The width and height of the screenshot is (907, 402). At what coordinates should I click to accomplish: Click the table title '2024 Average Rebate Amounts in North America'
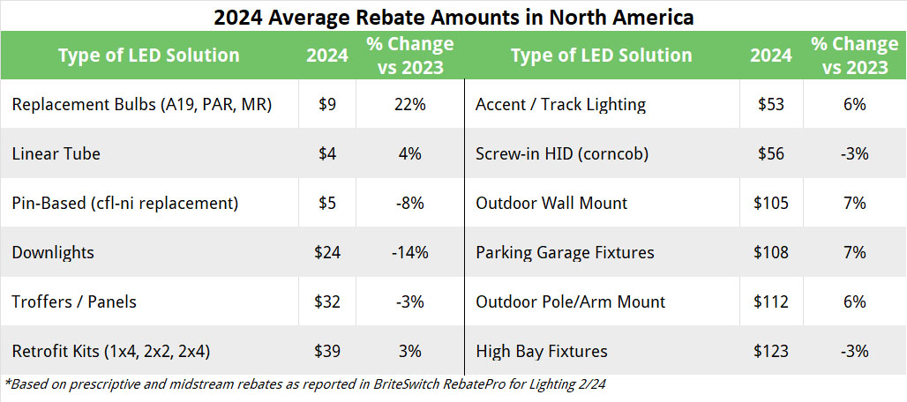click(x=453, y=16)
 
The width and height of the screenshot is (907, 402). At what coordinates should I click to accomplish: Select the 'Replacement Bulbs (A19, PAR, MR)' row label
click(x=142, y=104)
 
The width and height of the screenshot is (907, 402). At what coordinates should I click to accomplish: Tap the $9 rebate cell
click(x=326, y=104)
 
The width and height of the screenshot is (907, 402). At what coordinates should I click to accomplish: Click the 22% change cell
click(x=410, y=104)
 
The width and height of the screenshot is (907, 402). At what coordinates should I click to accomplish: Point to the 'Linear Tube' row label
click(x=56, y=153)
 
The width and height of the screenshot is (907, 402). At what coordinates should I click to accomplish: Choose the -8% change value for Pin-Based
click(x=410, y=203)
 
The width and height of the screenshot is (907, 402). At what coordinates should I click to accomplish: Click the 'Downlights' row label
click(x=54, y=252)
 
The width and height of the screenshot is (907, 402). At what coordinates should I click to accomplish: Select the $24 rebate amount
click(x=326, y=252)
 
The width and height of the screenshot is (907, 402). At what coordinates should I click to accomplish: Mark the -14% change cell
click(x=410, y=252)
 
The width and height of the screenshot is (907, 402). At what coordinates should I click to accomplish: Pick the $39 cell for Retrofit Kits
click(x=326, y=351)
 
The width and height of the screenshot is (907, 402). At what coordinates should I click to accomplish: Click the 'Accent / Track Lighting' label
click(x=560, y=104)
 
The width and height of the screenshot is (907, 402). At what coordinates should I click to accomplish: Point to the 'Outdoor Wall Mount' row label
click(x=551, y=203)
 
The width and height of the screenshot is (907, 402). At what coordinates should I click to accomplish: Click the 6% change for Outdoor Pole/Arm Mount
click(x=854, y=301)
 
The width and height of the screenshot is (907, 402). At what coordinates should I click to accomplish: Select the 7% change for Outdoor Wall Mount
click(x=854, y=203)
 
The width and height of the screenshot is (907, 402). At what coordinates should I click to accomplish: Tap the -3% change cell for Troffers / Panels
click(x=410, y=301)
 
